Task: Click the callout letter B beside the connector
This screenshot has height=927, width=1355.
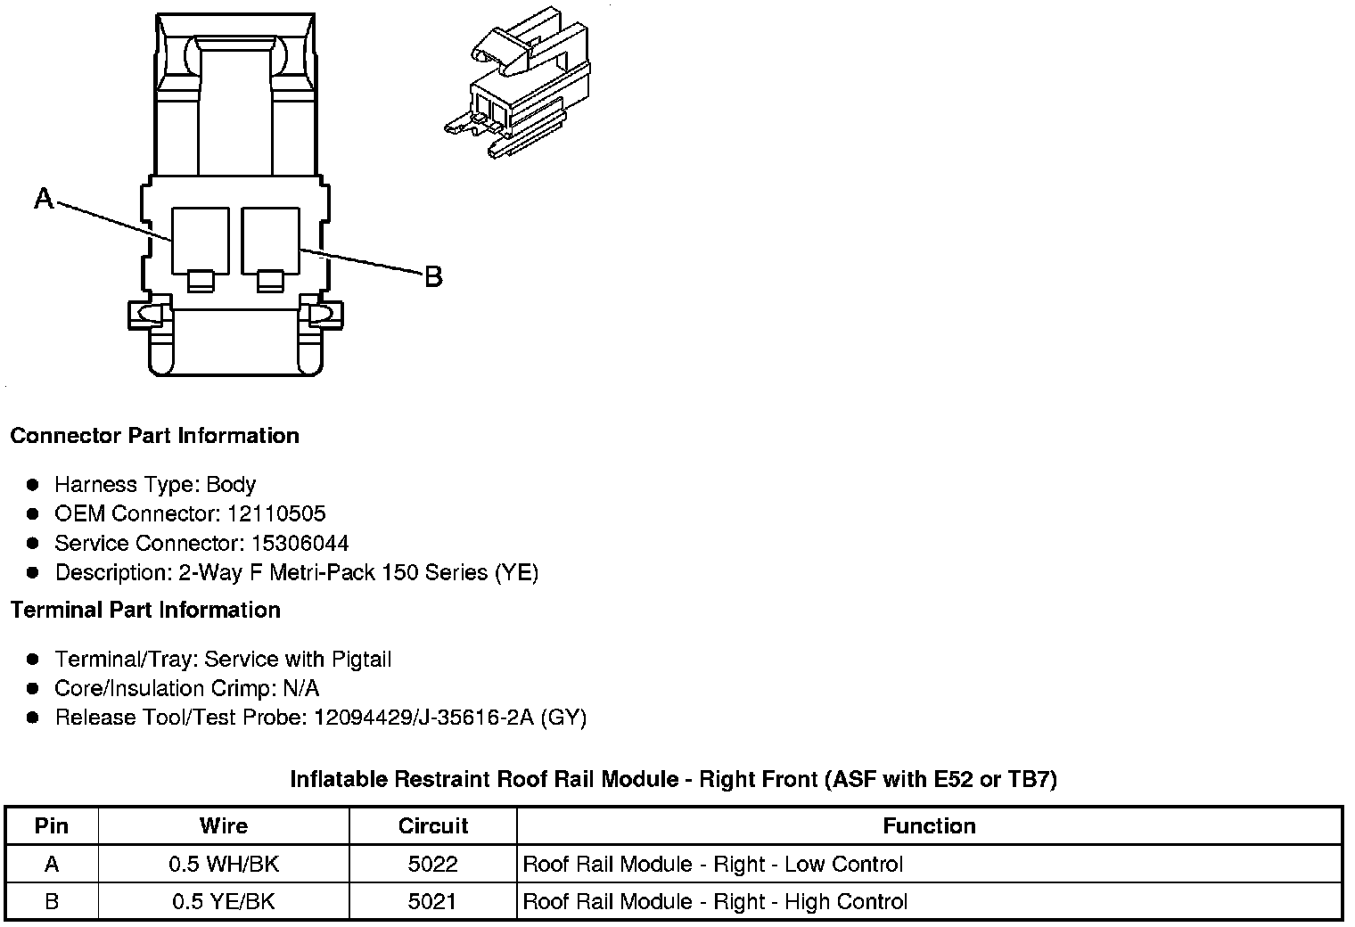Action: (433, 277)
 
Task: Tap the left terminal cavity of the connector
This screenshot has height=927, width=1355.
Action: (200, 239)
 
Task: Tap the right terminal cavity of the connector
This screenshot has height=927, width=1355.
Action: (270, 239)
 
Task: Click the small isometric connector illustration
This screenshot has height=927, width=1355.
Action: (515, 90)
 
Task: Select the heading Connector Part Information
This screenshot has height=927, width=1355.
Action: (154, 436)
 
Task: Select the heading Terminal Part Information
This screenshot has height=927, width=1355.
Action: (145, 611)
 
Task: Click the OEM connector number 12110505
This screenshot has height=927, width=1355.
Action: (276, 514)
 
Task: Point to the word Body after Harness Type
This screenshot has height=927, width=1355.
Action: (231, 485)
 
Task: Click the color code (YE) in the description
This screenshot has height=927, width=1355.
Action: (516, 572)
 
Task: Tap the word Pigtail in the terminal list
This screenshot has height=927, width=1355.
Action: (361, 660)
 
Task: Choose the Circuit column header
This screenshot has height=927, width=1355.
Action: (433, 826)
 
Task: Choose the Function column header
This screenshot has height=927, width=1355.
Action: (929, 826)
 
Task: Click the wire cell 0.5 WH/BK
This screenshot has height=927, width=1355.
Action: (223, 865)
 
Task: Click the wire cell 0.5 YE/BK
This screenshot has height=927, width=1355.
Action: (223, 902)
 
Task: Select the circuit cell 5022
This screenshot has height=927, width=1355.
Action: (433, 865)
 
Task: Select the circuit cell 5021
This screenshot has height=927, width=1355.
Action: (433, 902)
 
